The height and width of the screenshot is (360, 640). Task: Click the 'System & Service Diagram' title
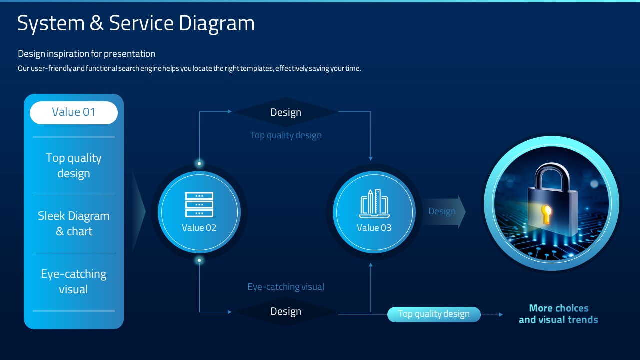[136, 23]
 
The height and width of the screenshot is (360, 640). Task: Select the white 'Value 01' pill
[74, 113]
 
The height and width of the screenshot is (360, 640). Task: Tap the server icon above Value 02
[199, 205]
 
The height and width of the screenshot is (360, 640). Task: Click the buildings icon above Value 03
[374, 203]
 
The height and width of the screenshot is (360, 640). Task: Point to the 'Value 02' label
[199, 228]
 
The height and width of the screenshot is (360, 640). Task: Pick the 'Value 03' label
[374, 228]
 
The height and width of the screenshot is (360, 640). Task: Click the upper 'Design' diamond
[285, 112]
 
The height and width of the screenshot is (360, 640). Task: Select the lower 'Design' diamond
[285, 311]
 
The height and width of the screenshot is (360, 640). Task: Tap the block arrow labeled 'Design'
[444, 211]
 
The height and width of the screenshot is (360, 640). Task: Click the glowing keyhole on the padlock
[547, 214]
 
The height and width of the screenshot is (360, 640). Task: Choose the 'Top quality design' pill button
[434, 314]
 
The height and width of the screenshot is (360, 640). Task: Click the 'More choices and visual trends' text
[558, 314]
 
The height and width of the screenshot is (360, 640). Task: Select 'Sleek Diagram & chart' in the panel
[74, 223]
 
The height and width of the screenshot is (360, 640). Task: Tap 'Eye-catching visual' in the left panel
[74, 281]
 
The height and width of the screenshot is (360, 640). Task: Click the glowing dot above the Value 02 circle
[199, 163]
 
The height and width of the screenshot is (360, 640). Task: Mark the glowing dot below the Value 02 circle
[199, 260]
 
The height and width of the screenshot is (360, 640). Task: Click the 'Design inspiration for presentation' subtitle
[86, 54]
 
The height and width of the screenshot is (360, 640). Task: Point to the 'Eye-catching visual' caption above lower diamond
[286, 287]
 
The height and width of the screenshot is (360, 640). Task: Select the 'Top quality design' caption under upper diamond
[286, 135]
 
